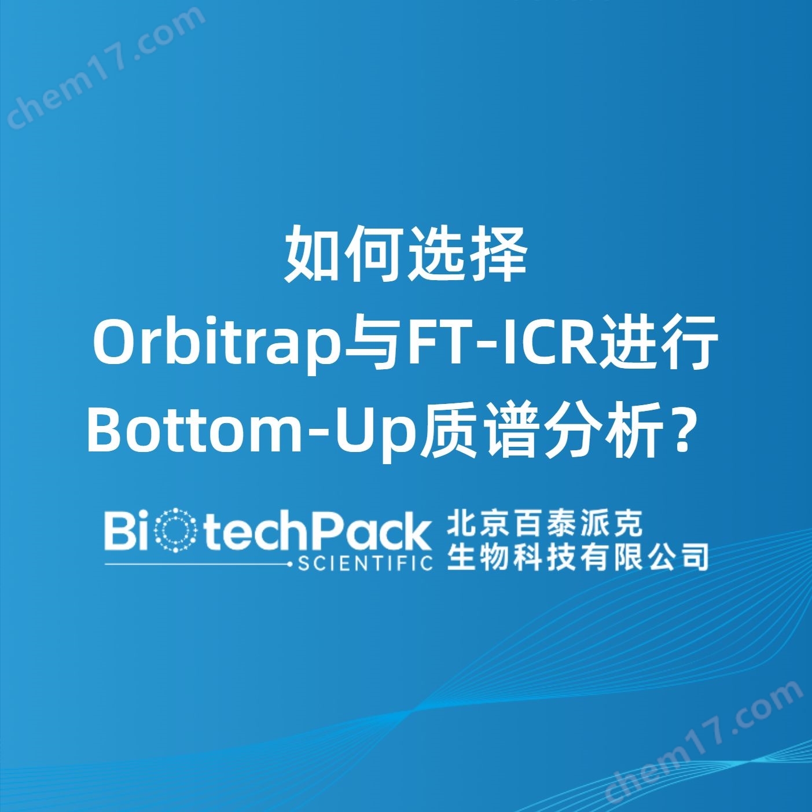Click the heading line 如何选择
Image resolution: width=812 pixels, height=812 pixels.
coord(406,255)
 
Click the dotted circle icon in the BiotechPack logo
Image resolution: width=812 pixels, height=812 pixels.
coord(174,531)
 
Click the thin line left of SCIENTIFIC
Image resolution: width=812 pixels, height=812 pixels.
coord(198,563)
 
